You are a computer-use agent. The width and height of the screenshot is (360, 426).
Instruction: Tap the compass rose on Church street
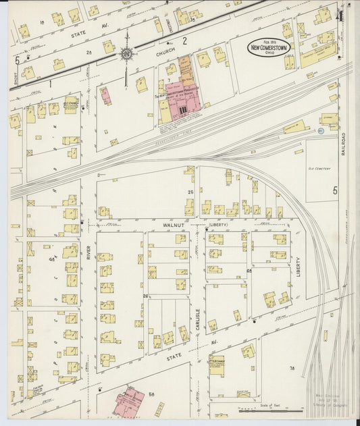pyautogui.click(x=126, y=54)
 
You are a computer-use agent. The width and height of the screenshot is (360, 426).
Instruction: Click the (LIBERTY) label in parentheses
pyautogui.click(x=218, y=223)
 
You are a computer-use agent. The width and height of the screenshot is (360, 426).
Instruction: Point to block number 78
pyautogui.click(x=292, y=368)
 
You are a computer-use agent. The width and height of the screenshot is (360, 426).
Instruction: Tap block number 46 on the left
pyautogui.click(x=51, y=259)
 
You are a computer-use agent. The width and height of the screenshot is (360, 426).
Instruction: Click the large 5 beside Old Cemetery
pyautogui.click(x=334, y=191)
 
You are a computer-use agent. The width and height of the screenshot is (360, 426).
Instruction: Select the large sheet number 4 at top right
pyautogui.click(x=342, y=16)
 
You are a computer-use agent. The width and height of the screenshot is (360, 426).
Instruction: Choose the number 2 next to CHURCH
pyautogui.click(x=184, y=41)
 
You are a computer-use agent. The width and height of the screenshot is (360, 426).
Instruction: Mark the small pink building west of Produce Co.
pyautogui.click(x=106, y=95)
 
